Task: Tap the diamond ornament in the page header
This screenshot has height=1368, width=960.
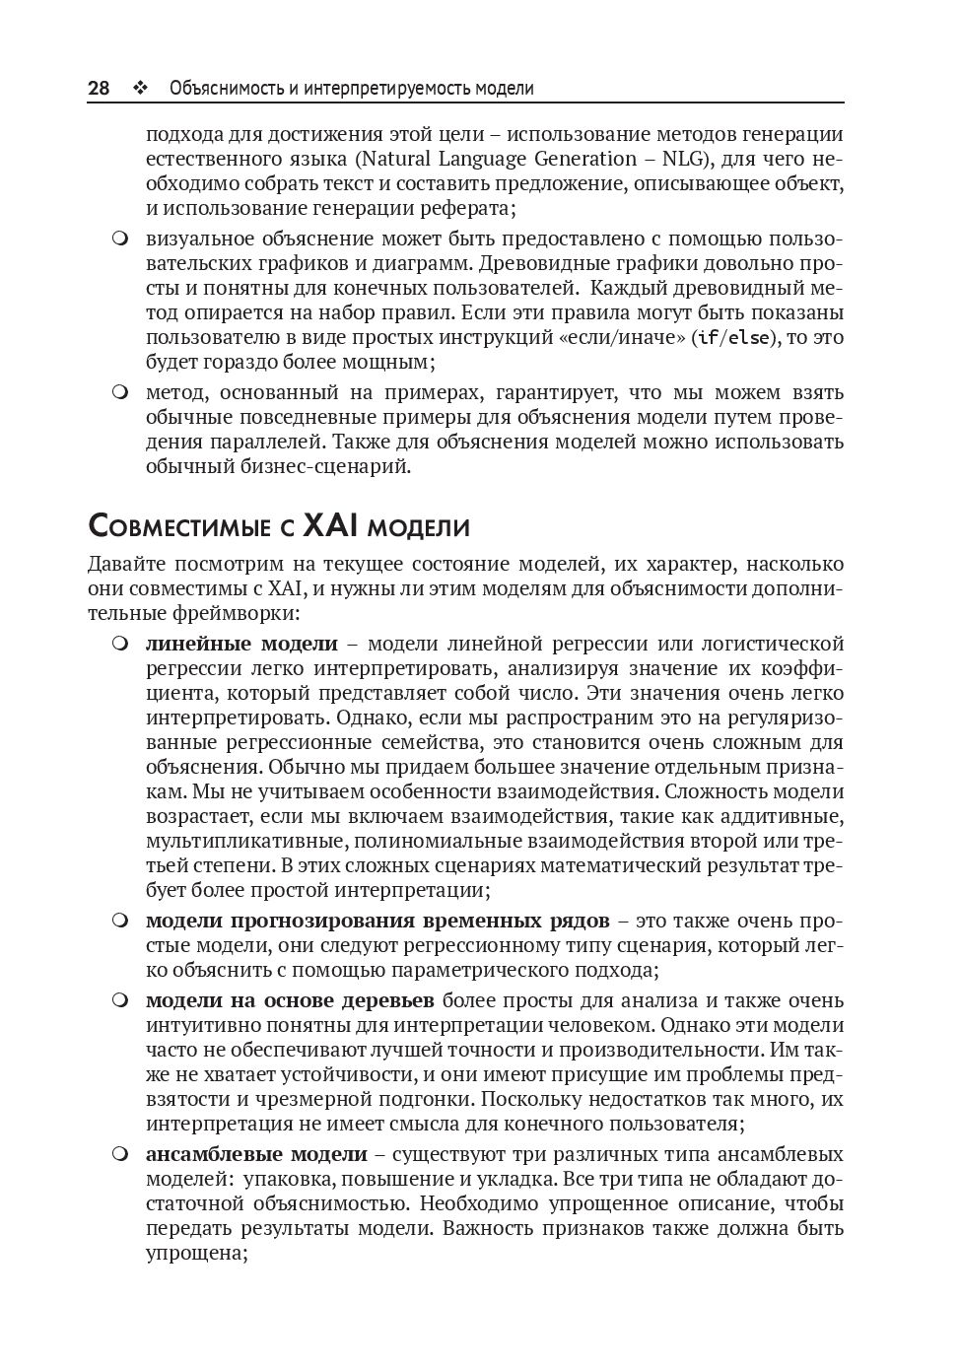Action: (139, 89)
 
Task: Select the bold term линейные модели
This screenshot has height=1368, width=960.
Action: (241, 644)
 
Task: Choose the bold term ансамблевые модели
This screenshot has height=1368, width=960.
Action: (256, 1154)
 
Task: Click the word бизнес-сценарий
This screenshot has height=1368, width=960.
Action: (324, 466)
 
